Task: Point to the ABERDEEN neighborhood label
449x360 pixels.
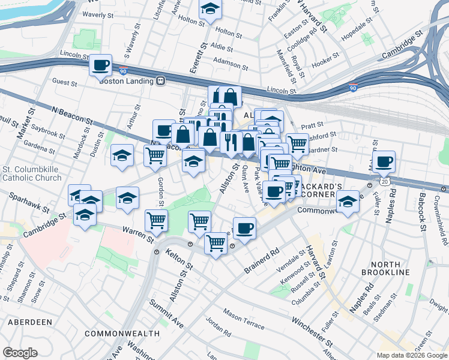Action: (x=30, y=322)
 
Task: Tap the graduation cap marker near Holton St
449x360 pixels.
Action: (x=210, y=8)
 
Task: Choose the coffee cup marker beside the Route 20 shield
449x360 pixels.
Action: (x=384, y=161)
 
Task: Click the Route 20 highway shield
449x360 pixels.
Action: (x=384, y=180)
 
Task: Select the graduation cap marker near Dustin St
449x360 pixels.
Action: (x=122, y=156)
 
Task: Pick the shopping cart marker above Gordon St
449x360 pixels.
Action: (x=155, y=155)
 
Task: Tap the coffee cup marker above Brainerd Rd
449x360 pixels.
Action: (x=244, y=228)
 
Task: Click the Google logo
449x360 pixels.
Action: (x=20, y=353)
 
